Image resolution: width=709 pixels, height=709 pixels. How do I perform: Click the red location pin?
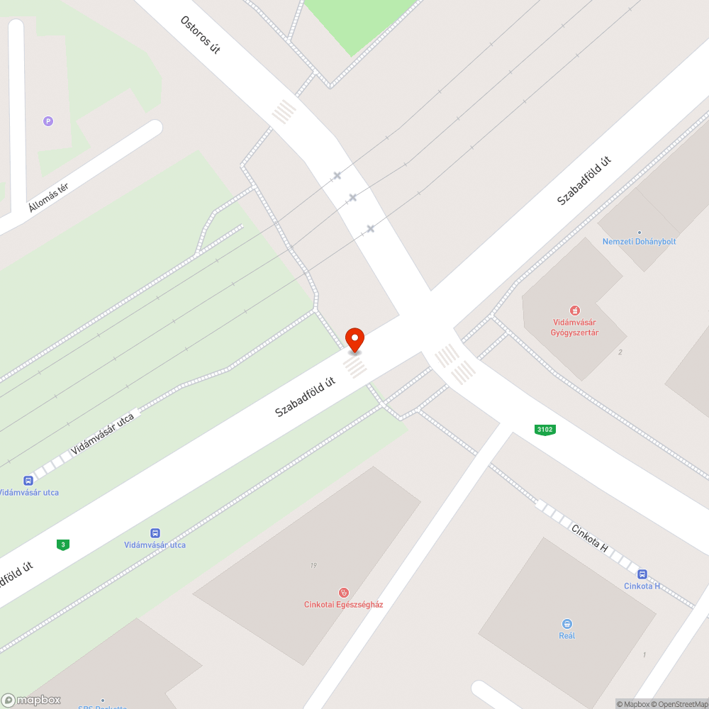coord(354,339)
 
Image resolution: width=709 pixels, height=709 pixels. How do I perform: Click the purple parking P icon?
coord(48,121)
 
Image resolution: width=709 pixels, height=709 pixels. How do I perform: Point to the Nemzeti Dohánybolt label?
coord(639,241)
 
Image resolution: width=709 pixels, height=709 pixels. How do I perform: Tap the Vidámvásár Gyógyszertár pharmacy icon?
coord(575,310)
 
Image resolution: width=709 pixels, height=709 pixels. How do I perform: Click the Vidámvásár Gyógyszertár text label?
coord(575,327)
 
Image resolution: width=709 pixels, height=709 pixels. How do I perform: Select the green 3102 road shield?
coord(545,430)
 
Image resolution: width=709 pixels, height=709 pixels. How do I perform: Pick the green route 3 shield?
coord(64,545)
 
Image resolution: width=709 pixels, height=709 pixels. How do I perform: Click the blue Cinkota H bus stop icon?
coord(642,574)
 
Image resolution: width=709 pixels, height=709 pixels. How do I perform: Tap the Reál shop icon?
coord(566,623)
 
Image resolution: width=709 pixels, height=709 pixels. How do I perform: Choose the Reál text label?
coord(566,635)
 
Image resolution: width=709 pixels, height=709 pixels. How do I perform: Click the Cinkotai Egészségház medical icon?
coord(343,592)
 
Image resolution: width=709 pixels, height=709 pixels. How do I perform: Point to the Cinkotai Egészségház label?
coord(343,605)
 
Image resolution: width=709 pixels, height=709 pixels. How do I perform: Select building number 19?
coord(313,565)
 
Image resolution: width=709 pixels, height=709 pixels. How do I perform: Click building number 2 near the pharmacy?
coord(620,352)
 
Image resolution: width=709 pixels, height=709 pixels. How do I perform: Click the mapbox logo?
coord(32,700)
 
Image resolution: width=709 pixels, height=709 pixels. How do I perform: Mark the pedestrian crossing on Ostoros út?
coord(284,111)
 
